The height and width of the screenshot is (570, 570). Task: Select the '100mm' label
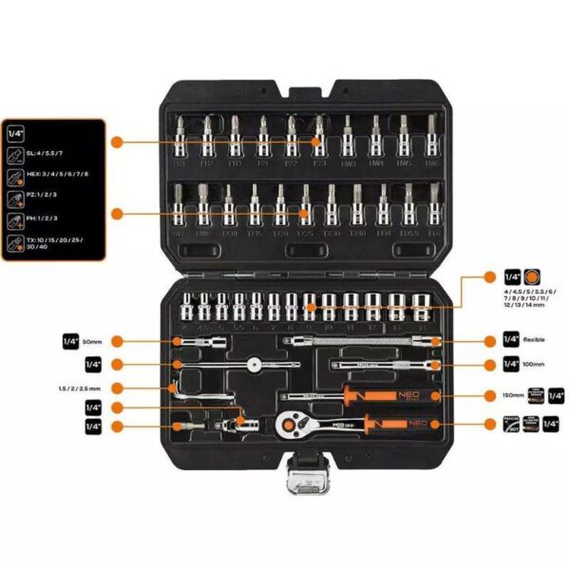(x=533, y=364)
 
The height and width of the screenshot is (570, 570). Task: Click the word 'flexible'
(x=535, y=339)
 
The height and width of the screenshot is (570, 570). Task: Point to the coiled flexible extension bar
(x=361, y=339)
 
